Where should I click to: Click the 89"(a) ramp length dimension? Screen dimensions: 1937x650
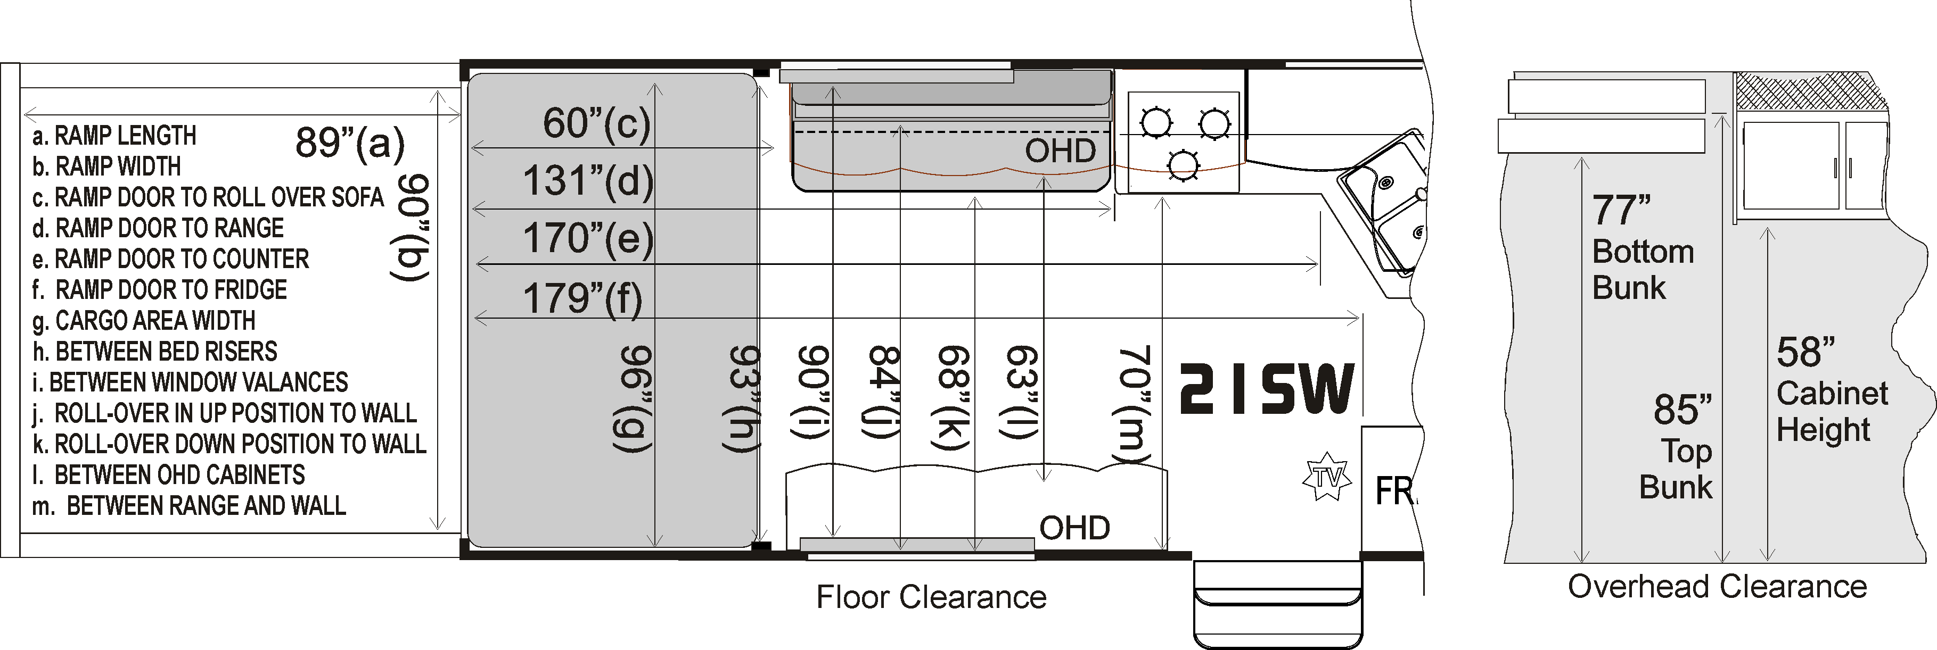point(350,142)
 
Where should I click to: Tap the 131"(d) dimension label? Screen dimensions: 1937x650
point(588,181)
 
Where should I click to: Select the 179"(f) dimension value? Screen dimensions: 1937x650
point(583,298)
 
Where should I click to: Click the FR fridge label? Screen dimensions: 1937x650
point(1396,491)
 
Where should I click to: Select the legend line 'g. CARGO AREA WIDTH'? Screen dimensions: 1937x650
point(144,321)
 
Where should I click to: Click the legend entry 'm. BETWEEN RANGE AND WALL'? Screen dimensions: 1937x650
point(188,506)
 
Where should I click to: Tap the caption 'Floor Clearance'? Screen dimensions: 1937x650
point(932,597)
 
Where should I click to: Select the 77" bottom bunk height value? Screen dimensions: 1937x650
point(1621,211)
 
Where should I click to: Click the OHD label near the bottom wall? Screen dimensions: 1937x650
point(1074,528)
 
